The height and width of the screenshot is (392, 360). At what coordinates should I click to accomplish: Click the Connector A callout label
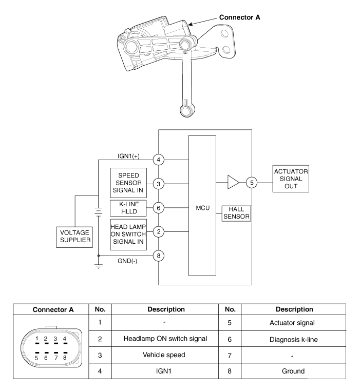(240, 17)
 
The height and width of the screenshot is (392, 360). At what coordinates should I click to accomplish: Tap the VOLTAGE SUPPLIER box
(75, 236)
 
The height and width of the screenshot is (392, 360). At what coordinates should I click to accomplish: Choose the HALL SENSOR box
(236, 214)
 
